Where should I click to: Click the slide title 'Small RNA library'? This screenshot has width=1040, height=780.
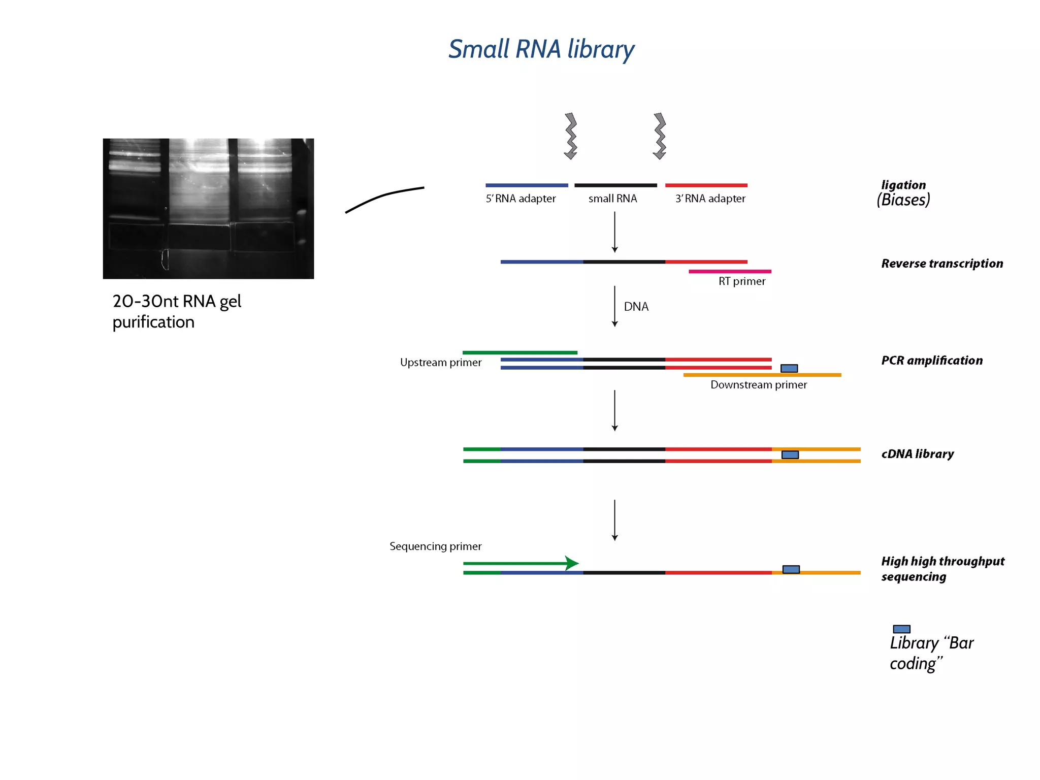click(541, 50)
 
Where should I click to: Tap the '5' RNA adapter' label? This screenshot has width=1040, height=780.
click(521, 199)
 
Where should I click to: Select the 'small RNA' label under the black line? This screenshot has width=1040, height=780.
click(612, 199)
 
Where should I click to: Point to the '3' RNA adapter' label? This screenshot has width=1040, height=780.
click(710, 199)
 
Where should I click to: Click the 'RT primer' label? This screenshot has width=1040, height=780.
click(741, 281)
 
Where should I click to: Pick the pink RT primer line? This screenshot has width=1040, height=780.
click(730, 272)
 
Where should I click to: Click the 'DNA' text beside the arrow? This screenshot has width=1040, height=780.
click(636, 307)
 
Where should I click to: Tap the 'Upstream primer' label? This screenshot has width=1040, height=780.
click(440, 363)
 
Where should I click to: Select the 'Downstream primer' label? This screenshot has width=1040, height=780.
click(758, 385)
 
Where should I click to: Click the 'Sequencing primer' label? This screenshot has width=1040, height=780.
click(435, 546)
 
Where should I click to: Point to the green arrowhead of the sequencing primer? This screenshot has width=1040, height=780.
click(572, 563)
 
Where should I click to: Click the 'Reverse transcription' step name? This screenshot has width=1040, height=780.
click(942, 264)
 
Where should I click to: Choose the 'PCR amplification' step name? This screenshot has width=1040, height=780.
click(932, 361)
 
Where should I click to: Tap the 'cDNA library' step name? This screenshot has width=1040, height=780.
click(917, 454)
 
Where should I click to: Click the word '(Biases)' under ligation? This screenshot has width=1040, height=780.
click(903, 200)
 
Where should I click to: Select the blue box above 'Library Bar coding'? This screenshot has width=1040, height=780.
click(901, 629)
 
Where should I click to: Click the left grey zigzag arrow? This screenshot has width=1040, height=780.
click(571, 136)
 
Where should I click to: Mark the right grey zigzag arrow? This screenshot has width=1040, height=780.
click(660, 136)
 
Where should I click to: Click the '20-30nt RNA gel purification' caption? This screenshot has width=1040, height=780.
click(176, 311)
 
